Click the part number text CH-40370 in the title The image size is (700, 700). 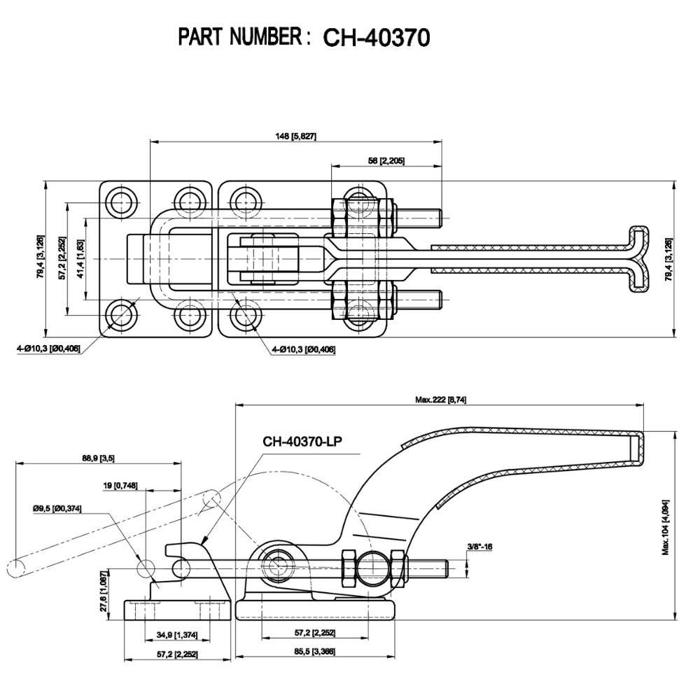click(375, 38)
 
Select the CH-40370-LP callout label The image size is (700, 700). click(302, 441)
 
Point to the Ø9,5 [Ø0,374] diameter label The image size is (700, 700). click(57, 509)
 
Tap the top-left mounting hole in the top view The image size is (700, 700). click(122, 200)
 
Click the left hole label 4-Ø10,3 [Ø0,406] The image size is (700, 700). click(49, 348)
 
